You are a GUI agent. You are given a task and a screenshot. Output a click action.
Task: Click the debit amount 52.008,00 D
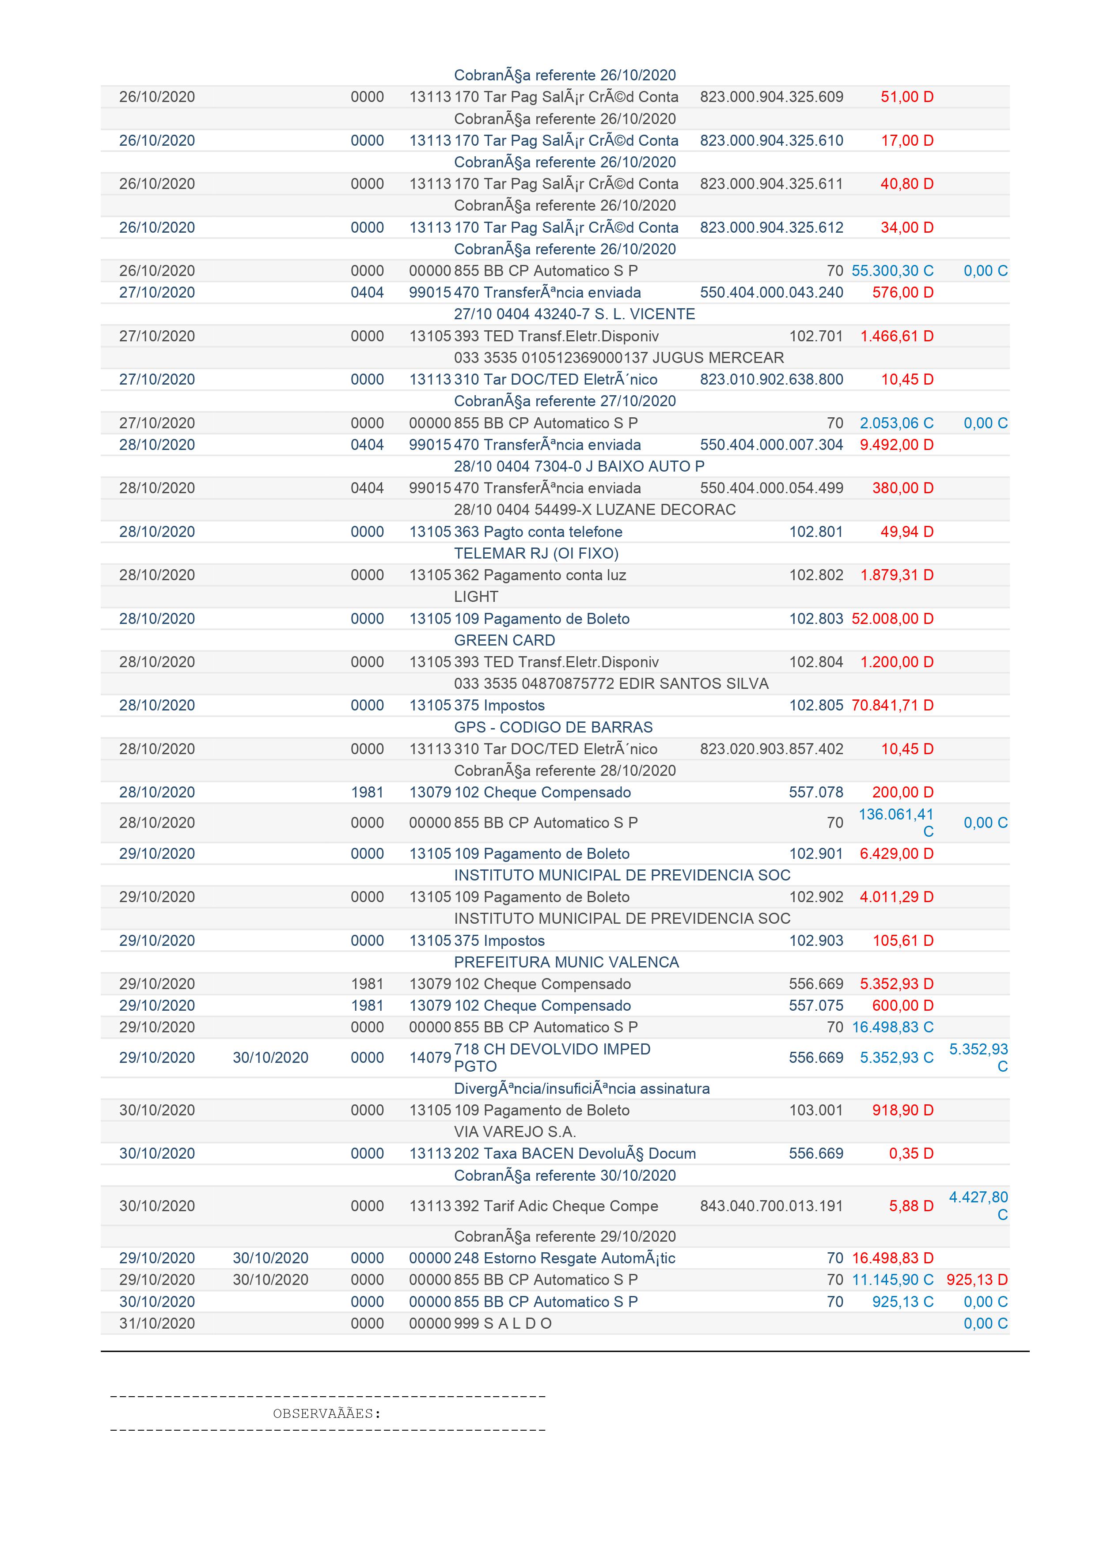[892, 619]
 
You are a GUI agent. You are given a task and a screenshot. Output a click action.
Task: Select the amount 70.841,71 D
[892, 705]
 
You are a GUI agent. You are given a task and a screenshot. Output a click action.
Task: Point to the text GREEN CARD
[504, 640]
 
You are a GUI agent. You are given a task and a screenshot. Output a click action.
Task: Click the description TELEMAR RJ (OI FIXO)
[536, 553]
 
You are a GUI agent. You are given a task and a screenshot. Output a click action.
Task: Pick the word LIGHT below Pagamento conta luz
[476, 597]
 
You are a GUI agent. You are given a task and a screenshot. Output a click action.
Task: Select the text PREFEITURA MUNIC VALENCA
[566, 962]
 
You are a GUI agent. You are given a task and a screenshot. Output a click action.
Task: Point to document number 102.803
[816, 619]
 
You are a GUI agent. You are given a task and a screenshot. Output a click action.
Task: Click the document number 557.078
[816, 792]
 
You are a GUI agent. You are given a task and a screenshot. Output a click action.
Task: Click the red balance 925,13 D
[977, 1279]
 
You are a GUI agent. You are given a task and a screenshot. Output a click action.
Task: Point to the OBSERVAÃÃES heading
[326, 1413]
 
